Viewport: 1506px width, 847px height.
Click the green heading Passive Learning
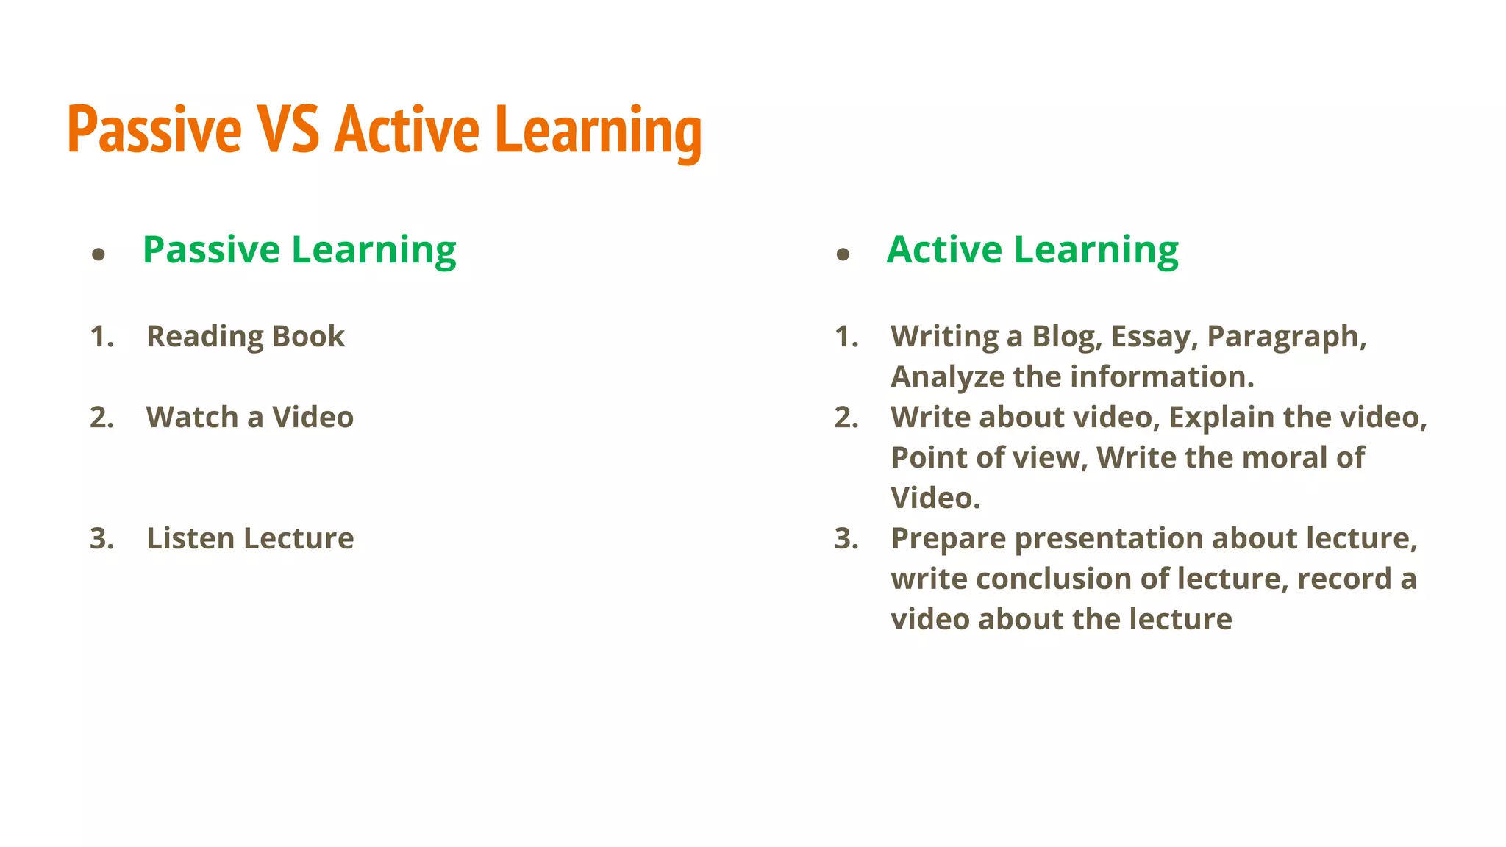pyautogui.click(x=299, y=250)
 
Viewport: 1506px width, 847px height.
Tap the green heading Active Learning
pyautogui.click(x=1032, y=250)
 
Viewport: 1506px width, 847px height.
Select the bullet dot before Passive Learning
pyautogui.click(x=99, y=255)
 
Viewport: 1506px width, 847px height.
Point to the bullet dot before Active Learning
pyautogui.click(x=843, y=255)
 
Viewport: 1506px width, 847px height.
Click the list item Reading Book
pyautogui.click(x=245, y=337)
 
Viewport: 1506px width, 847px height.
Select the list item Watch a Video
pyautogui.click(x=249, y=418)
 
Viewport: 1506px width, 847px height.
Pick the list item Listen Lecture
pyautogui.click(x=250, y=539)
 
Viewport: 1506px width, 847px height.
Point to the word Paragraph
pyautogui.click(x=1286, y=337)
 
